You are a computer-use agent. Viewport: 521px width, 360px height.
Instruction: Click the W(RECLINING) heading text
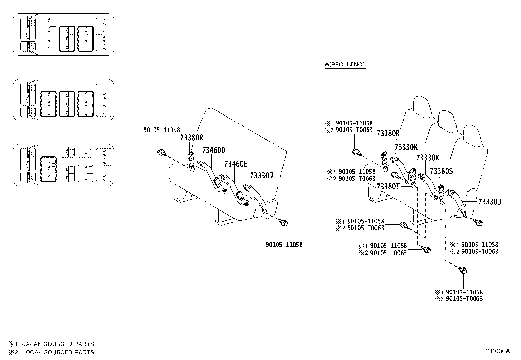click(344, 65)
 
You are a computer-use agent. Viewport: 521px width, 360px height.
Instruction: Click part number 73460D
click(213, 150)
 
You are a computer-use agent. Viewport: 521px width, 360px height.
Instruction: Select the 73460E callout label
click(236, 164)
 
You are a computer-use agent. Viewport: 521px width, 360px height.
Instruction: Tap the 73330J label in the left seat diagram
click(261, 176)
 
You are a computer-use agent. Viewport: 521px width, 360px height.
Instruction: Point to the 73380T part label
click(388, 186)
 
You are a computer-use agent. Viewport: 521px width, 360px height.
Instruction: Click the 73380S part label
click(441, 171)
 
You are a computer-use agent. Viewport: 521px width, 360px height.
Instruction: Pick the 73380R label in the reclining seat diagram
click(388, 133)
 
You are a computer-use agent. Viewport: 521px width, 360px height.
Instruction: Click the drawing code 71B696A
click(497, 351)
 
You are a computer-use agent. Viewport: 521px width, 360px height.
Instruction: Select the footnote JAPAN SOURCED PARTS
click(58, 344)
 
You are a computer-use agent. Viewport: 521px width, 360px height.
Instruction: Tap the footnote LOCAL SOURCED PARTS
click(58, 352)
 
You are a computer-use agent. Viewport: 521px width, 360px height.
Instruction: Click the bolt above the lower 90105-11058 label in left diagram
click(283, 223)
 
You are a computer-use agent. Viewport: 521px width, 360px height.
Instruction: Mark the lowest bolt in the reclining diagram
click(463, 270)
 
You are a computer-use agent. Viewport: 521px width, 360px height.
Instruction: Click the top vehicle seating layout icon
click(63, 34)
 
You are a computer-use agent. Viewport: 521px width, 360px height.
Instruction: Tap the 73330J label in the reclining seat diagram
click(490, 202)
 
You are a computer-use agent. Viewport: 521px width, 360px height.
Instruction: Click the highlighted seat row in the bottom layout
click(48, 169)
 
